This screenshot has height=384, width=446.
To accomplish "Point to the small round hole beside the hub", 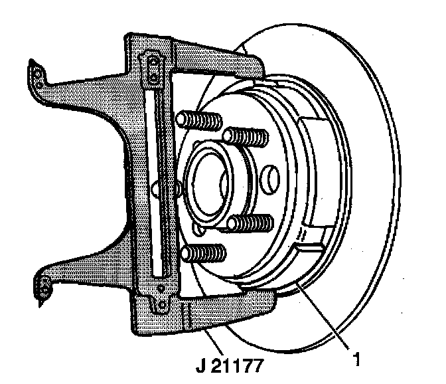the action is [270, 178].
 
